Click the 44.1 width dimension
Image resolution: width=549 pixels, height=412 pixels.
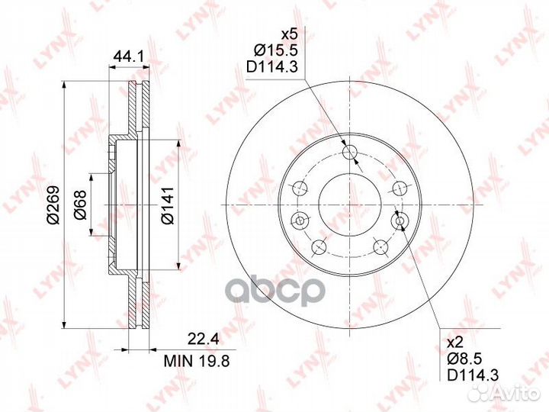129,56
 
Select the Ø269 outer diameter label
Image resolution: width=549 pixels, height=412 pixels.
53,205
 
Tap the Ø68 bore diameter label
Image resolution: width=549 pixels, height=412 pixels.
80,205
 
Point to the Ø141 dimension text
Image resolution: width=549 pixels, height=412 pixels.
168,205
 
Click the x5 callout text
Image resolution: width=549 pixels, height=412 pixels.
290,34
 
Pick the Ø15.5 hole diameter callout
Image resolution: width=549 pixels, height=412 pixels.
275,50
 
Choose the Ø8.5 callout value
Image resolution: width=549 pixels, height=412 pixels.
465,359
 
